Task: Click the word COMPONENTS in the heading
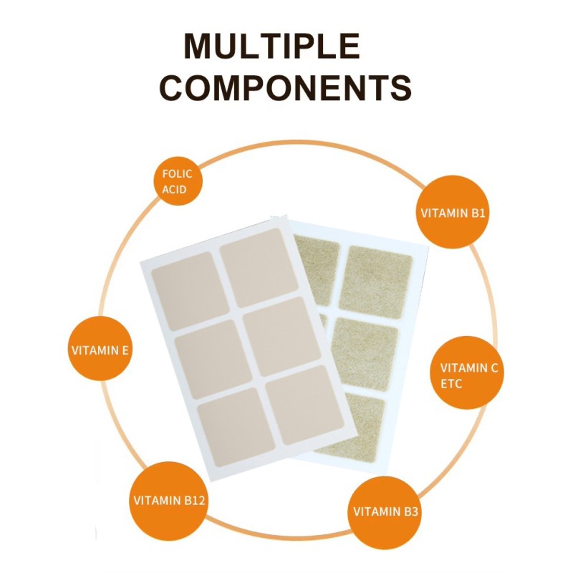pyautogui.click(x=285, y=88)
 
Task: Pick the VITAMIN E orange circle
pyautogui.click(x=100, y=350)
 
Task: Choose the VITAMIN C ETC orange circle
pyautogui.click(x=469, y=375)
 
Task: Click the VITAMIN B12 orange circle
pyautogui.click(x=170, y=499)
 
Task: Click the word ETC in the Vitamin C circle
pyautogui.click(x=451, y=384)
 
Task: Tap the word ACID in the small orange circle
pyautogui.click(x=174, y=189)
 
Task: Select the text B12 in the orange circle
pyautogui.click(x=193, y=500)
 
